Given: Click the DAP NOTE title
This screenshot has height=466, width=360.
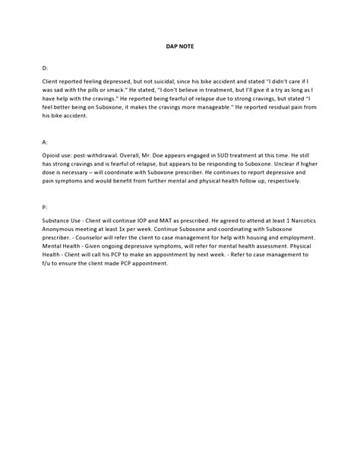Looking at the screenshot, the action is (x=180, y=46).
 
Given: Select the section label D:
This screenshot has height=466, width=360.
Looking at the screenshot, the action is (x=46, y=68).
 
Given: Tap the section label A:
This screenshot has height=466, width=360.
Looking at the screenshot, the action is (x=46, y=142).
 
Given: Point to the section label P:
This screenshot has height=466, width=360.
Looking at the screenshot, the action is (x=46, y=207).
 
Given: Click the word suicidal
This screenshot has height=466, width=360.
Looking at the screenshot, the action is (x=168, y=81).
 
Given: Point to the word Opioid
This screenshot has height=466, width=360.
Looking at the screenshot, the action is (x=52, y=154).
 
